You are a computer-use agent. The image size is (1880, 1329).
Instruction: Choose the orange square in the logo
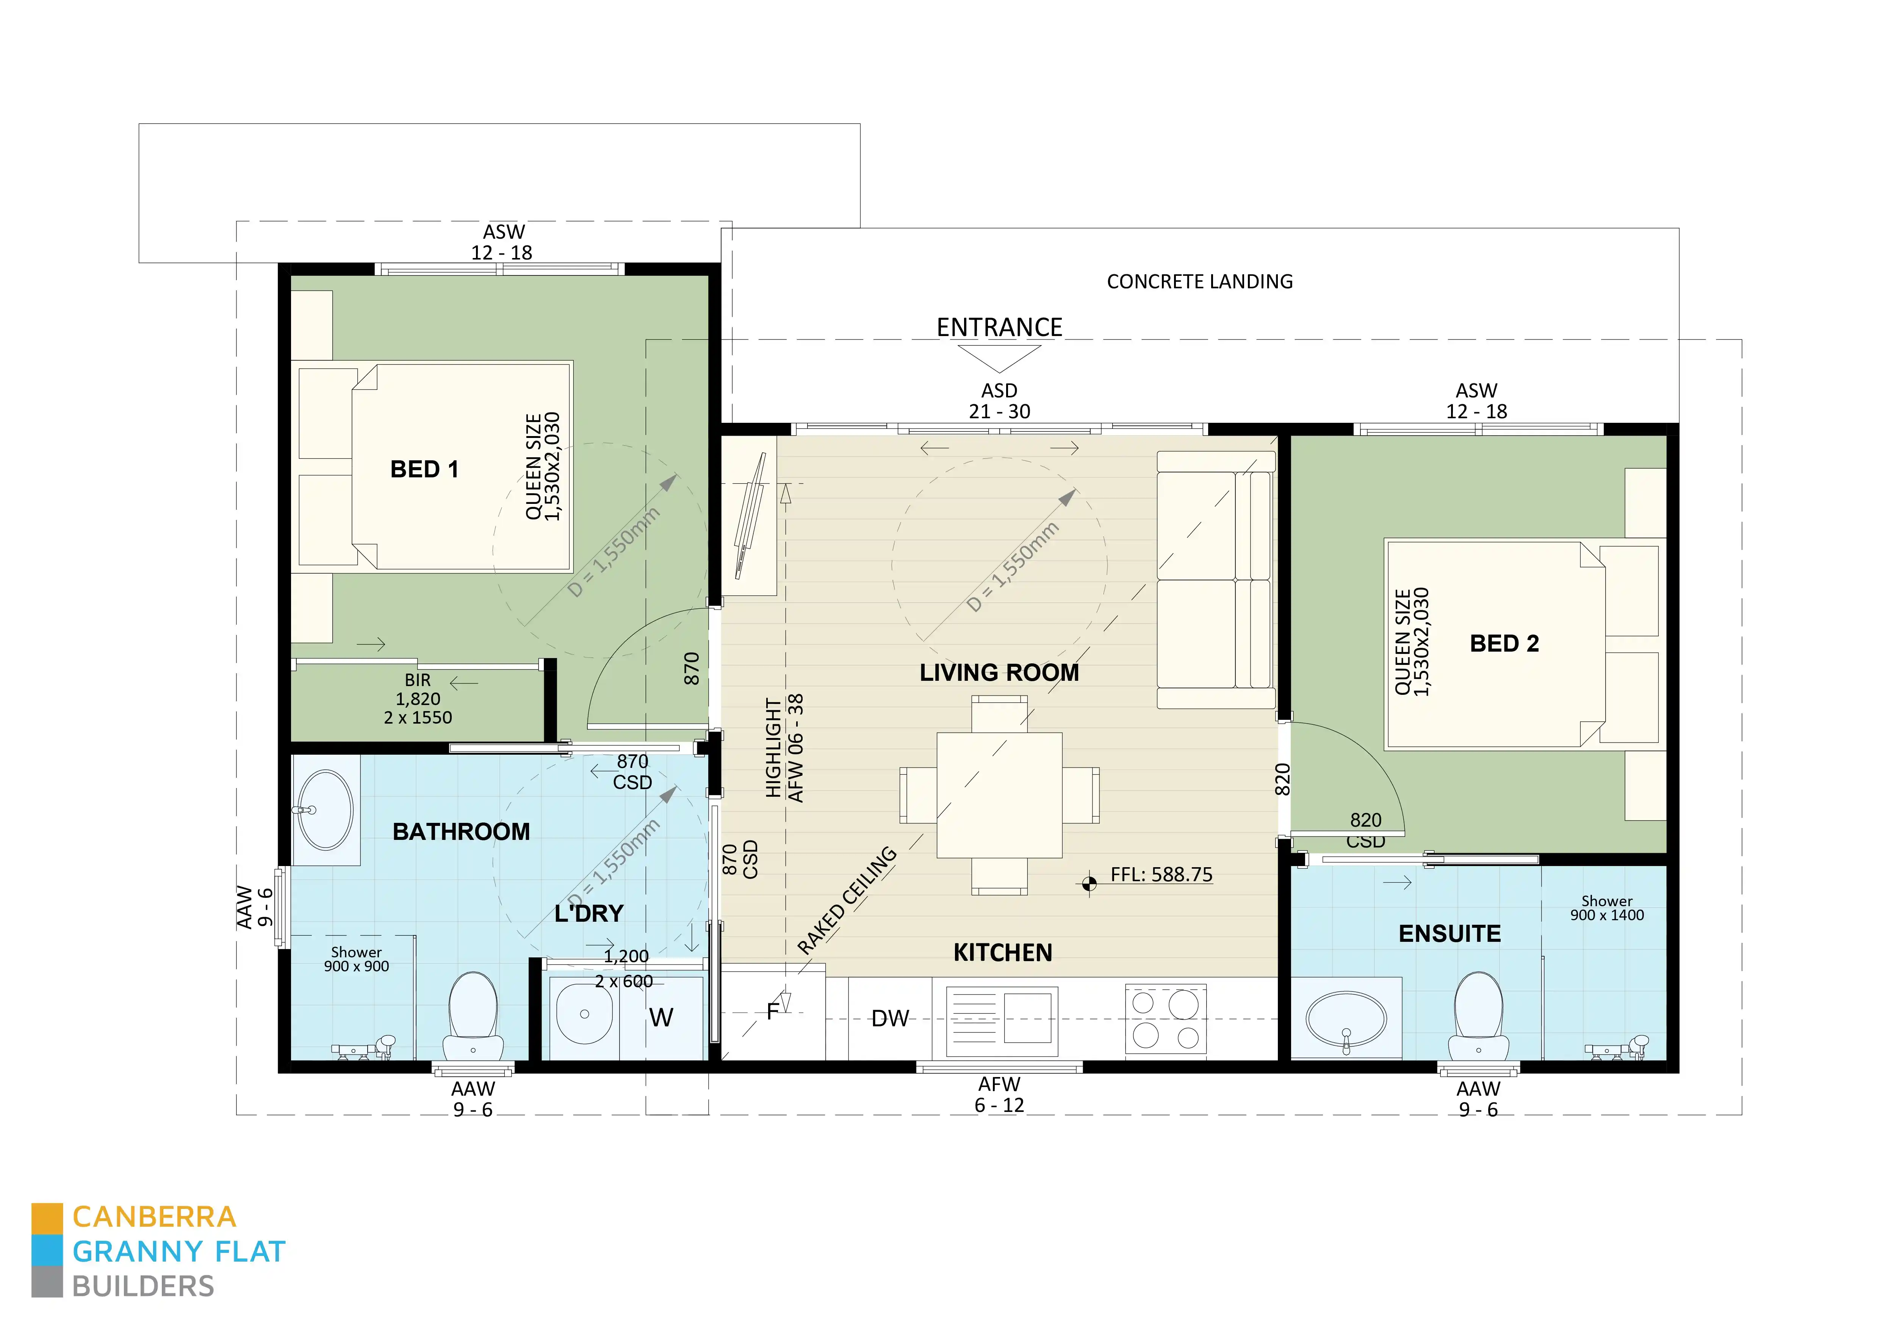pyautogui.click(x=47, y=1218)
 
